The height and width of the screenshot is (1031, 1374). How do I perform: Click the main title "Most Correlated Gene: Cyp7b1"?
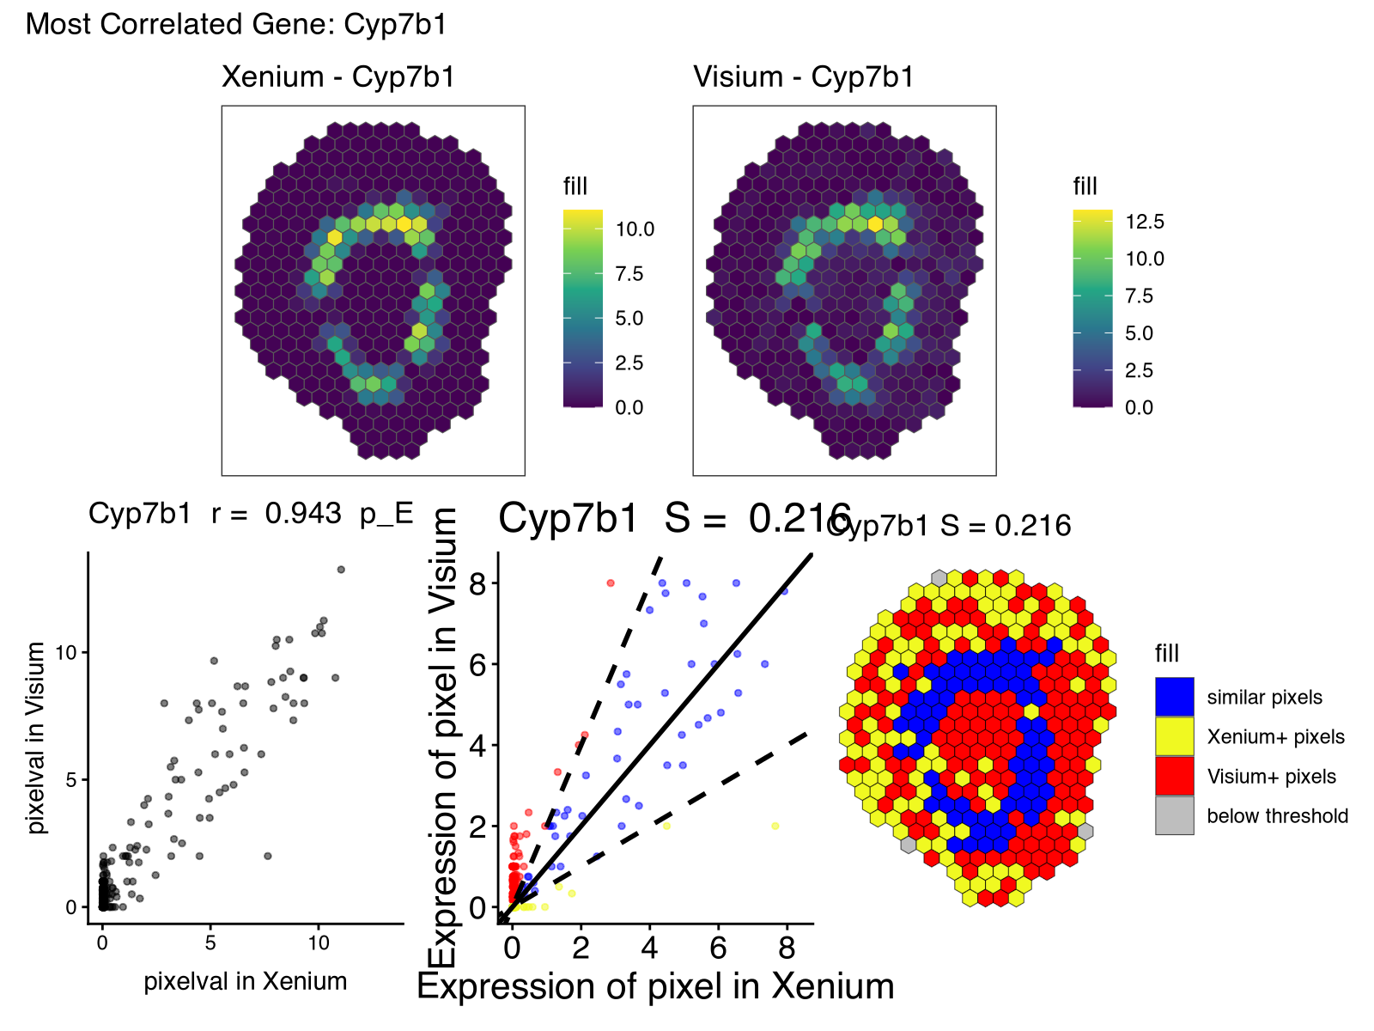pyautogui.click(x=236, y=24)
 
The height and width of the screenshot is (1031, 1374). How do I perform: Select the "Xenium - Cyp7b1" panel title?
pyautogui.click(x=338, y=77)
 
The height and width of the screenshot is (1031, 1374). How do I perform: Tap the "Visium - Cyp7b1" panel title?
pyautogui.click(x=804, y=77)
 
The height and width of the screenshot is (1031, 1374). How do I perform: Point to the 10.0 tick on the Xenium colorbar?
pyautogui.click(x=635, y=229)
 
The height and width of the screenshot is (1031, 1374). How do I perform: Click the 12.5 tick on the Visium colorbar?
pyautogui.click(x=1145, y=222)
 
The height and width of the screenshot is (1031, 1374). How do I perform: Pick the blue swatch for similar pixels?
pyautogui.click(x=1174, y=697)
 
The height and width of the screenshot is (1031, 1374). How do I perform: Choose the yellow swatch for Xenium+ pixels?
pyautogui.click(x=1174, y=736)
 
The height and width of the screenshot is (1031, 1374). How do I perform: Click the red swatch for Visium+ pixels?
pyautogui.click(x=1174, y=777)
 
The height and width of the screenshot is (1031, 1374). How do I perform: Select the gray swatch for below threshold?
pyautogui.click(x=1174, y=816)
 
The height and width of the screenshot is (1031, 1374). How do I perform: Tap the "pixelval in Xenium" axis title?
pyautogui.click(x=246, y=981)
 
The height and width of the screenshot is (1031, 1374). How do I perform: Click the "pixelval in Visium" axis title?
pyautogui.click(x=35, y=737)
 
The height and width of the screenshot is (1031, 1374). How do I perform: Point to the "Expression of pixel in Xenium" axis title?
pyautogui.click(x=655, y=986)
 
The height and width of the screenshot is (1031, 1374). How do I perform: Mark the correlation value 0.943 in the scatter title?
pyautogui.click(x=303, y=514)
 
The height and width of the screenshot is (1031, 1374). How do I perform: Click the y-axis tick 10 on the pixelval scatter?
pyautogui.click(x=65, y=653)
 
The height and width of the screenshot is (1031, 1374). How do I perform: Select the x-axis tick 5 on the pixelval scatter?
pyautogui.click(x=210, y=943)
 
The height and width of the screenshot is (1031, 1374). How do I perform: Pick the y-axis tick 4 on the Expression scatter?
pyautogui.click(x=478, y=745)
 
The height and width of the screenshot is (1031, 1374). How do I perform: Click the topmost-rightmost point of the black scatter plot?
pyautogui.click(x=341, y=570)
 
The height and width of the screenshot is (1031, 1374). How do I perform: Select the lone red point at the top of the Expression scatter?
pyautogui.click(x=611, y=583)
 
